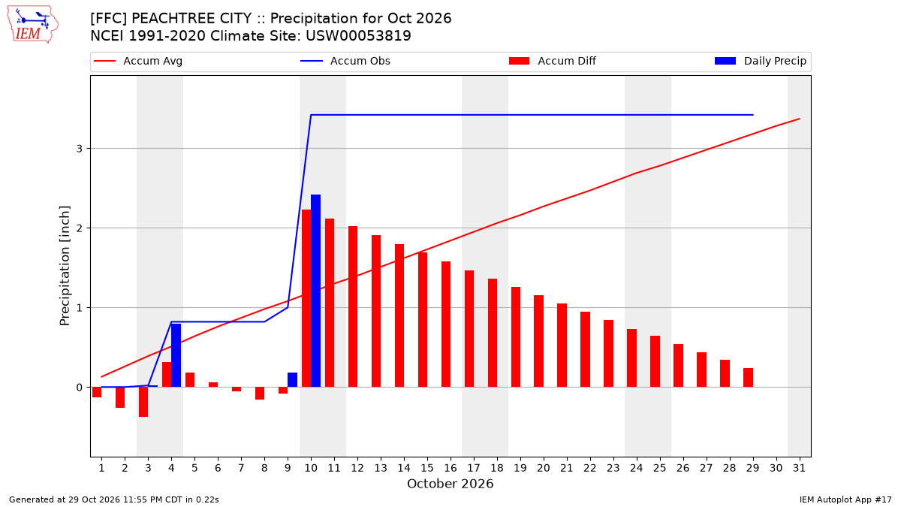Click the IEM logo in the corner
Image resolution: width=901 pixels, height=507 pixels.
pyautogui.click(x=33, y=25)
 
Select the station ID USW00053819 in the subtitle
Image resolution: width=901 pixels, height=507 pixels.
pyautogui.click(x=358, y=36)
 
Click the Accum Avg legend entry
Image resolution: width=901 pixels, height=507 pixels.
pyautogui.click(x=138, y=61)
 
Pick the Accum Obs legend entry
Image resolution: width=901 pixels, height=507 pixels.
pyautogui.click(x=345, y=61)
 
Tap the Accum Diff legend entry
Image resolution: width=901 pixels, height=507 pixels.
pyautogui.click(x=553, y=61)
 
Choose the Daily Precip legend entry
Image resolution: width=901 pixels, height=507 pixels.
pyautogui.click(x=760, y=61)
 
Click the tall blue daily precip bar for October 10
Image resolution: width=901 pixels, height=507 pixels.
pyautogui.click(x=316, y=291)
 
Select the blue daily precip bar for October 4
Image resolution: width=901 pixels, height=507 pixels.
pyautogui.click(x=176, y=355)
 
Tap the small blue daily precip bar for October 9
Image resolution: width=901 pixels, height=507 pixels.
pyautogui.click(x=292, y=380)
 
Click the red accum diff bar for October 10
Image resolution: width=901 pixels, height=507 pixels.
pyautogui.click(x=306, y=298)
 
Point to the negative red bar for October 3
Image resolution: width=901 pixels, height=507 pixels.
pyautogui.click(x=143, y=402)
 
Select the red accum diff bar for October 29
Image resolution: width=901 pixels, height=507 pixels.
pyautogui.click(x=748, y=377)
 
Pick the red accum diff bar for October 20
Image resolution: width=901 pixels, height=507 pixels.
pyautogui.click(x=538, y=341)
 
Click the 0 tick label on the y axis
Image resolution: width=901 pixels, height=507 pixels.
pyautogui.click(x=79, y=388)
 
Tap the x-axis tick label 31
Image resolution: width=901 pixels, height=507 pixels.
pyautogui.click(x=799, y=468)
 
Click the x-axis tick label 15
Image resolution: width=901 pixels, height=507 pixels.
pyautogui.click(x=427, y=468)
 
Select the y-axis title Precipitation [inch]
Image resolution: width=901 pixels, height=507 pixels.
pyautogui.click(x=65, y=266)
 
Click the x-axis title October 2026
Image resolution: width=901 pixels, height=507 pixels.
pyautogui.click(x=450, y=484)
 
